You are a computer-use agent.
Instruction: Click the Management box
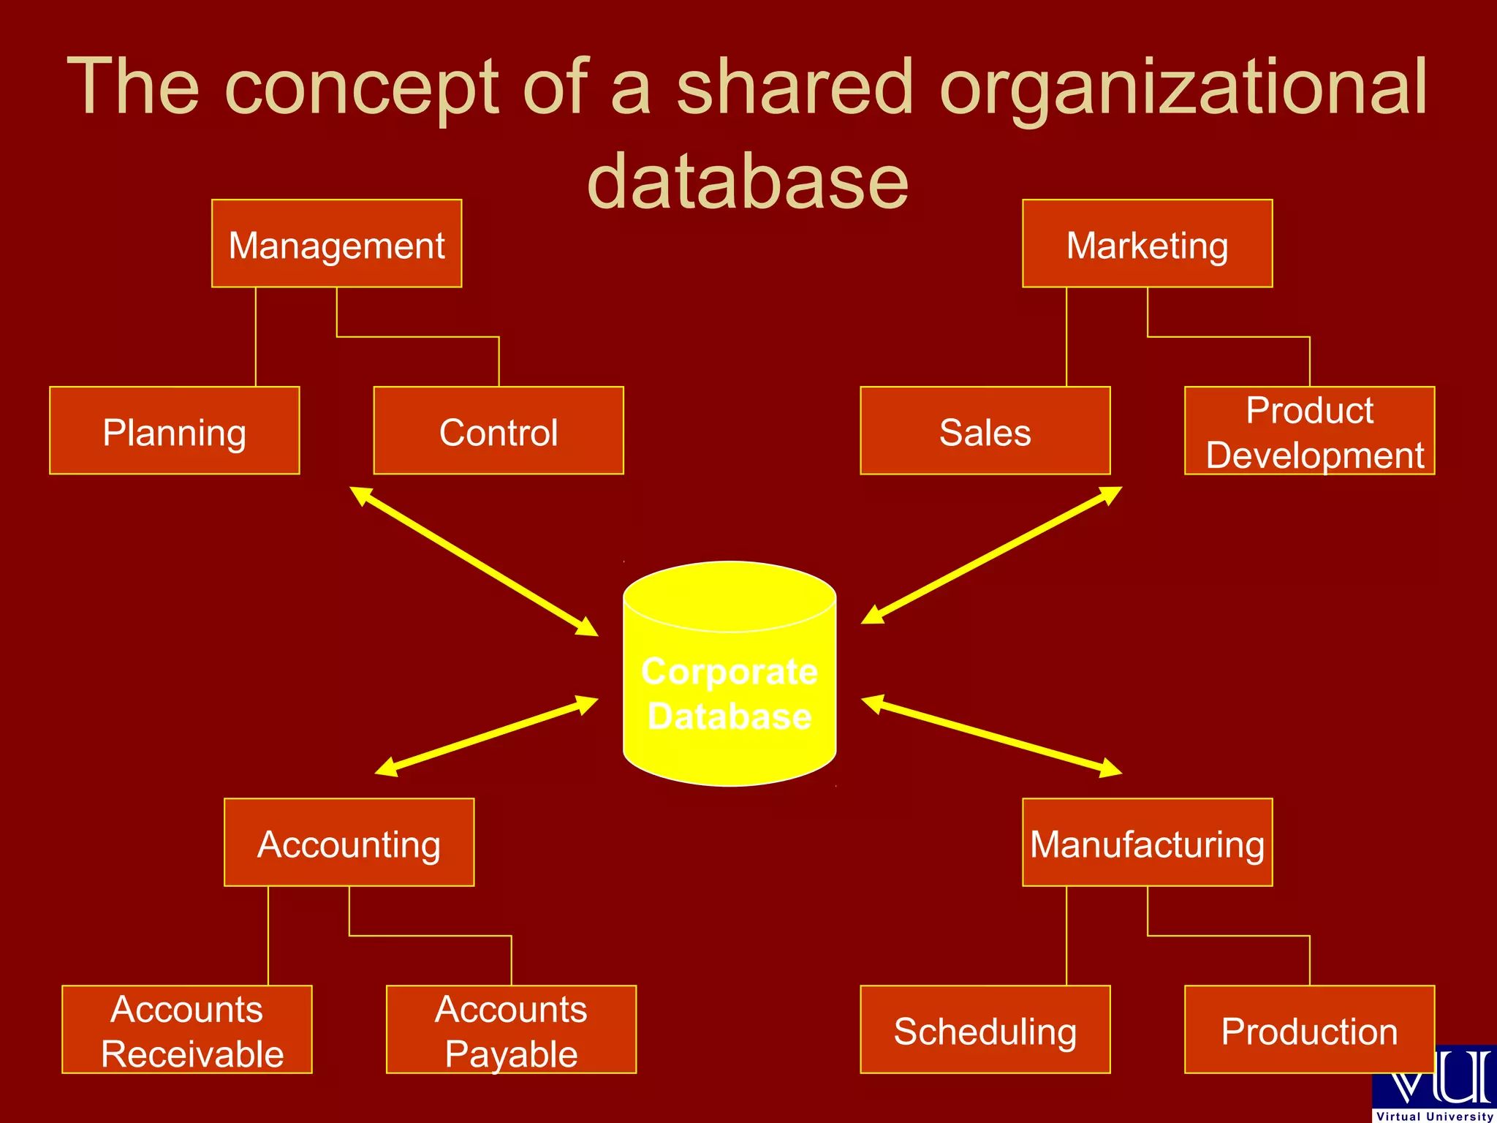(x=336, y=243)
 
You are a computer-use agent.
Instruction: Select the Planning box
(x=175, y=431)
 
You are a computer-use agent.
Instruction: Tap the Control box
(x=499, y=431)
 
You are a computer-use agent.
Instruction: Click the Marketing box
(x=1147, y=243)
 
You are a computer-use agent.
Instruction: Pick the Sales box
(x=985, y=431)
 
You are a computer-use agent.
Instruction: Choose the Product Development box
(x=1309, y=431)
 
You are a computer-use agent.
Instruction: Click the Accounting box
(x=349, y=842)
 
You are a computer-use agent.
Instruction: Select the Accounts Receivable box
(x=187, y=1029)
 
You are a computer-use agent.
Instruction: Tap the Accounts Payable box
(x=511, y=1029)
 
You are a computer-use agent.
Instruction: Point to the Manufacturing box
(x=1147, y=842)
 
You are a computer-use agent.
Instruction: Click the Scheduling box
(x=985, y=1029)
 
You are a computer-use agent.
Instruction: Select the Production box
(x=1309, y=1029)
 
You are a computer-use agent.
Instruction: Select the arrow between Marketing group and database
(x=991, y=556)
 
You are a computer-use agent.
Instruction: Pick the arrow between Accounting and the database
(x=486, y=736)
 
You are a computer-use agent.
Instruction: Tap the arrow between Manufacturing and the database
(x=991, y=735)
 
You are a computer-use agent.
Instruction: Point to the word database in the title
(x=747, y=181)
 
